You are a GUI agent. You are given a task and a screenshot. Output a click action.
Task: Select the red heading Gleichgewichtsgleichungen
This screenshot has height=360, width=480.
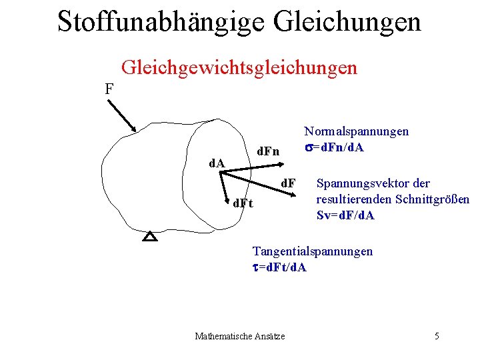click(x=239, y=67)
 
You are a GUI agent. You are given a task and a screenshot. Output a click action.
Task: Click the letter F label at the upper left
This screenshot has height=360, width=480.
click(x=109, y=88)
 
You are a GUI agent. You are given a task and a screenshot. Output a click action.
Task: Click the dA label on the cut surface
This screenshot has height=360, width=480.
click(x=217, y=163)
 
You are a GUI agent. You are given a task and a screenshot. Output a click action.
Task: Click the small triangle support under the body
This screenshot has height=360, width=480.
click(x=151, y=237)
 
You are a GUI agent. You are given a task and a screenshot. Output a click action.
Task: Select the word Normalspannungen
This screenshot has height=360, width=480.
click(x=356, y=133)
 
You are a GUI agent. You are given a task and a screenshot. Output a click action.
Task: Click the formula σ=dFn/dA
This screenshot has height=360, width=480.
click(x=334, y=147)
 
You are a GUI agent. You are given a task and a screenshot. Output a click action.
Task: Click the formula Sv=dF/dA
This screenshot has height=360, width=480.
click(x=345, y=215)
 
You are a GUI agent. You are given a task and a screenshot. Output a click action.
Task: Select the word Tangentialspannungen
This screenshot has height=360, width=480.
click(x=312, y=251)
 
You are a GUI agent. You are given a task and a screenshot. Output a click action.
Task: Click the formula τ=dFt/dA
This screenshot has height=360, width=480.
click(x=279, y=267)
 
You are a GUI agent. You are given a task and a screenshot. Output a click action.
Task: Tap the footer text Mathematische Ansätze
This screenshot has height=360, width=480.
click(x=239, y=336)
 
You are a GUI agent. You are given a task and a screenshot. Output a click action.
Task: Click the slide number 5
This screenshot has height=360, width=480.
click(x=437, y=336)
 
